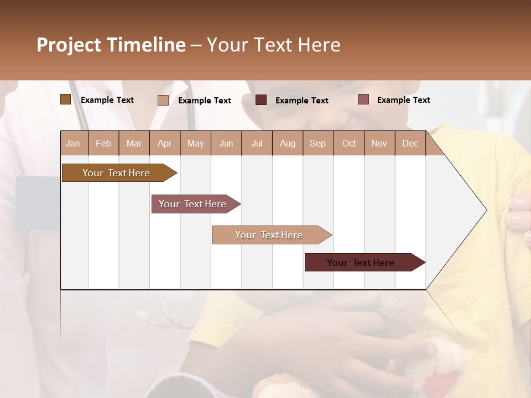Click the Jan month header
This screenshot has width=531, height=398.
73,144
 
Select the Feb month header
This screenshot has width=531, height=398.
103,144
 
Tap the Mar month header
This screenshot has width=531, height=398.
134,144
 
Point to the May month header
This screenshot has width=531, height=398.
195,144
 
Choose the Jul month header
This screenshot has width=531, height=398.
257,144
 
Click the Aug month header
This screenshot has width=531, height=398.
287,144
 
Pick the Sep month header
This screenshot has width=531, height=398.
317,144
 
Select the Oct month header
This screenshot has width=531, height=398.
349,144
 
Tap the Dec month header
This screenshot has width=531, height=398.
410,144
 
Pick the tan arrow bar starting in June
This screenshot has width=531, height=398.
269,235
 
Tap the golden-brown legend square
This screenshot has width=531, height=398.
65,99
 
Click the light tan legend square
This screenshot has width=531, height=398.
163,100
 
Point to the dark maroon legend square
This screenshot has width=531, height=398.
261,100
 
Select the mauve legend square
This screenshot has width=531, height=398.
363,99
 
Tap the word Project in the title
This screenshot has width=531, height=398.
69,45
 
